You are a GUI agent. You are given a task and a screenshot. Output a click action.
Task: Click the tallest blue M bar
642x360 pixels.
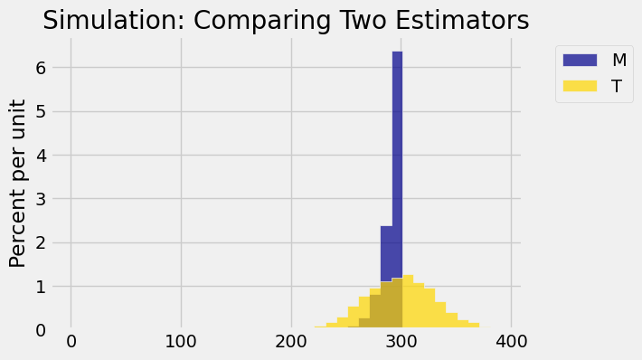pyautogui.click(x=397, y=163)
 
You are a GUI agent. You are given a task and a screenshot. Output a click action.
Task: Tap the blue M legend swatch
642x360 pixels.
pyautogui.click(x=580, y=60)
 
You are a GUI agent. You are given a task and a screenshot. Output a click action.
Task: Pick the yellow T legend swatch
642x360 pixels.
pyautogui.click(x=580, y=86)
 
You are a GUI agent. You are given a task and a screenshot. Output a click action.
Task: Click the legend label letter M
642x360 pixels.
pyautogui.click(x=619, y=60)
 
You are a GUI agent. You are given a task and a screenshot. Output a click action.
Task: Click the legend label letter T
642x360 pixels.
pyautogui.click(x=617, y=86)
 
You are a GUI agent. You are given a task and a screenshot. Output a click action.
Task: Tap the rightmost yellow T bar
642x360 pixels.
pyautogui.click(x=473, y=326)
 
